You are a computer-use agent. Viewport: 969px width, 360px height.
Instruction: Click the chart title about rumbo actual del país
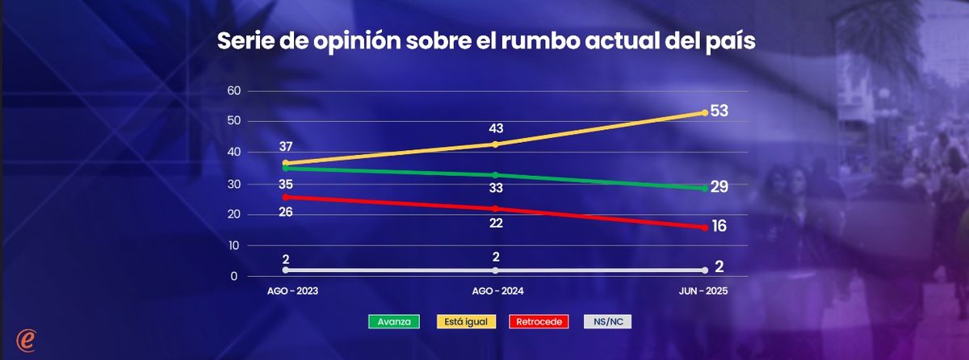(x=485, y=42)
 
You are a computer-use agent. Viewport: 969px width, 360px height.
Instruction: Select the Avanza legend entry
(x=394, y=321)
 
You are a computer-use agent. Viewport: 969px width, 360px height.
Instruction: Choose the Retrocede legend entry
(x=535, y=321)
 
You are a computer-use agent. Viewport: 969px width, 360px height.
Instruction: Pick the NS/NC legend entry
(x=607, y=321)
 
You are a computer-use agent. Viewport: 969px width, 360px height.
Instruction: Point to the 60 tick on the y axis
(x=233, y=90)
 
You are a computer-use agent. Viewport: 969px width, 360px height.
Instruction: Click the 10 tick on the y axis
(x=233, y=245)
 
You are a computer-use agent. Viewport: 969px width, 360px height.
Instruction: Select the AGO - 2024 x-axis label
(x=495, y=291)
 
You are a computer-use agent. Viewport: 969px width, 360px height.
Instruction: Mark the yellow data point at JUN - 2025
(x=704, y=113)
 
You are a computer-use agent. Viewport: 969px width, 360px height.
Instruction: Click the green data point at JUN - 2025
(x=704, y=188)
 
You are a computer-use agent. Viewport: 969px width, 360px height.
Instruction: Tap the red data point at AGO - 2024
(x=495, y=208)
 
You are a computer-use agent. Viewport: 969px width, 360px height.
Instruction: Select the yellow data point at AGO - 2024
(x=495, y=144)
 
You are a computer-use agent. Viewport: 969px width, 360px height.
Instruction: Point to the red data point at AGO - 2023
(x=286, y=197)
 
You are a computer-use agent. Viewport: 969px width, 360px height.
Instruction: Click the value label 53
(x=719, y=111)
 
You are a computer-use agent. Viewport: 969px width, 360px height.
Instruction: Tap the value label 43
(x=495, y=129)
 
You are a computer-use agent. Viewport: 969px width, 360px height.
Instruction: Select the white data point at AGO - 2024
(x=495, y=270)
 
